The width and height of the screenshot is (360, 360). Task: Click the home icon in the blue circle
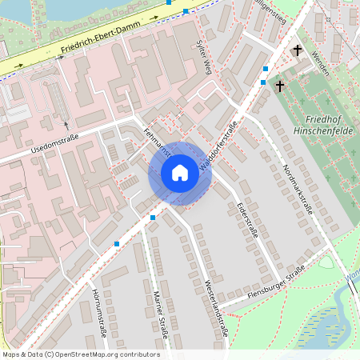(x=180, y=173)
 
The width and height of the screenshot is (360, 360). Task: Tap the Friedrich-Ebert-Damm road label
(x=94, y=43)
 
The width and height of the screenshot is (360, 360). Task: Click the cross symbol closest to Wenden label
(x=298, y=50)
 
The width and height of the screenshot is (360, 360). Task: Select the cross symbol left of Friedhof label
(x=280, y=85)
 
